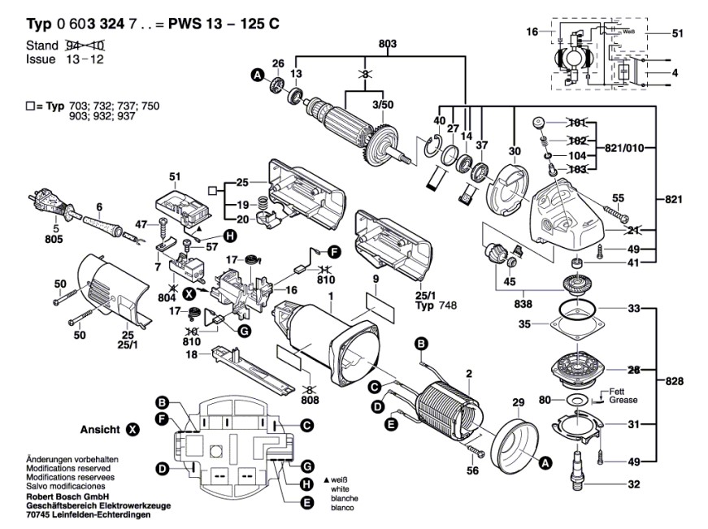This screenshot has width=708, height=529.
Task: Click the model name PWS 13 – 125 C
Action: pos(224,24)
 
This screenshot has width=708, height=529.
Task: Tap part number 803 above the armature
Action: pos(388,44)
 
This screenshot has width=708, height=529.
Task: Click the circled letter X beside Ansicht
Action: pos(132,430)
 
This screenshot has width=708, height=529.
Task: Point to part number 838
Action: pos(523,304)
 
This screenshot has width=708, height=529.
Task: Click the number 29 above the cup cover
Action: pos(519,402)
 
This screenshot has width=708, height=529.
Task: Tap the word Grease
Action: pos(623,400)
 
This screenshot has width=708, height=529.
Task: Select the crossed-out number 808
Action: pos(310,400)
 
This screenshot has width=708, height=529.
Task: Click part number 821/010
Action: pos(624,148)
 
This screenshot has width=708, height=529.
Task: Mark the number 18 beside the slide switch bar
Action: pos(192,355)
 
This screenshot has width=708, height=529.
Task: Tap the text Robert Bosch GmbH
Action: pos(67,496)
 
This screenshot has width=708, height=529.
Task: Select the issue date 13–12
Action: pos(85,59)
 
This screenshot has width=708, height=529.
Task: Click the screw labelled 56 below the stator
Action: pos(475,449)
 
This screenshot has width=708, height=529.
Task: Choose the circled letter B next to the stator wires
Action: pos(421,345)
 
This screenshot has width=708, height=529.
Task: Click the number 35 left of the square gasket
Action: pos(524,324)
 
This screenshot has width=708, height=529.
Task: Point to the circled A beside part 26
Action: pos(258,75)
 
